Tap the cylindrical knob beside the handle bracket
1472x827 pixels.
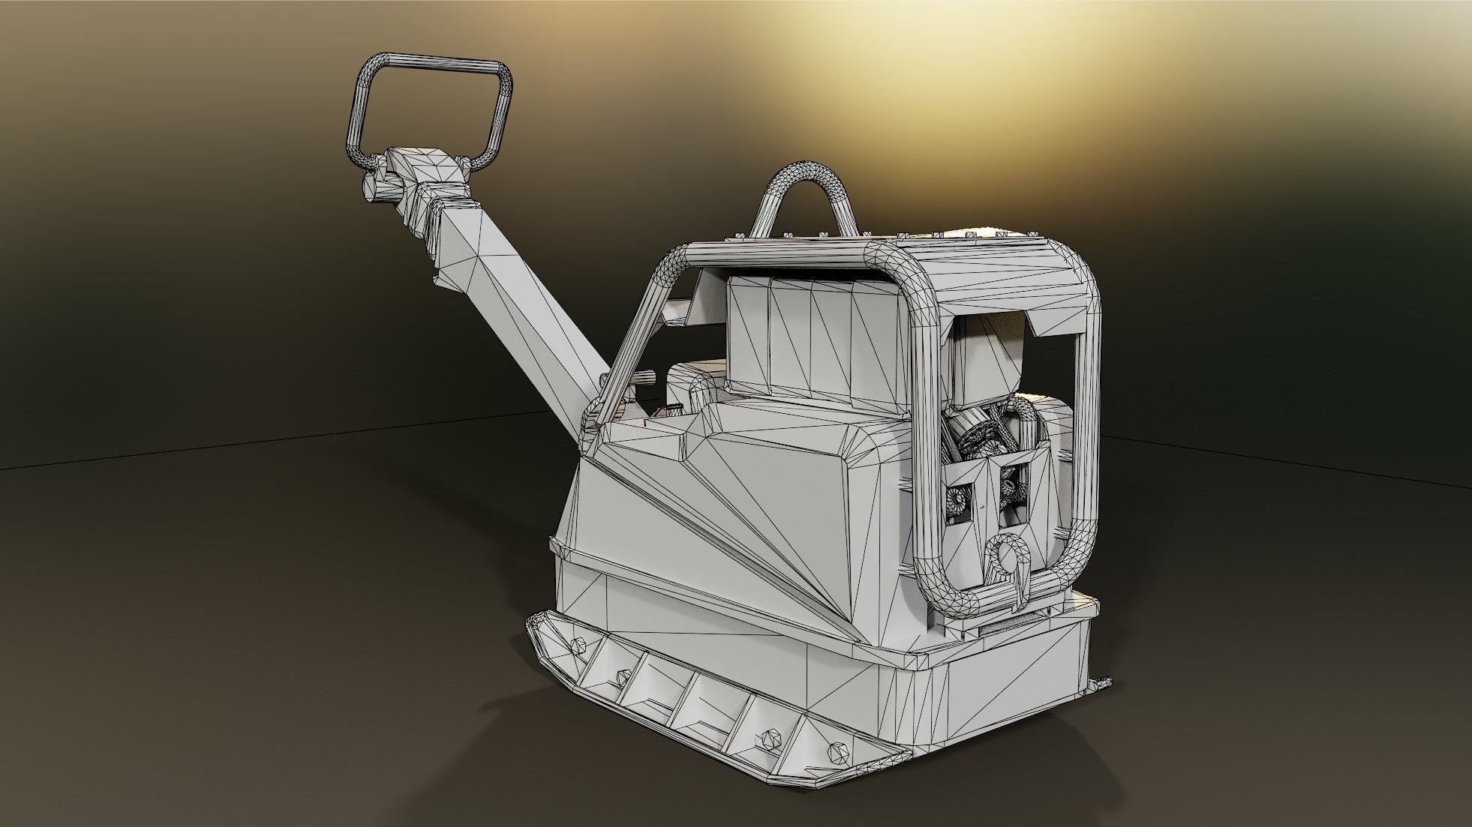pyautogui.click(x=373, y=184)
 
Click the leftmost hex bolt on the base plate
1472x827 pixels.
pyautogui.click(x=577, y=645)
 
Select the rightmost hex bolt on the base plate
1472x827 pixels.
pyautogui.click(x=839, y=750)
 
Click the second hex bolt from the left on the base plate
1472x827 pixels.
pyautogui.click(x=622, y=677)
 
